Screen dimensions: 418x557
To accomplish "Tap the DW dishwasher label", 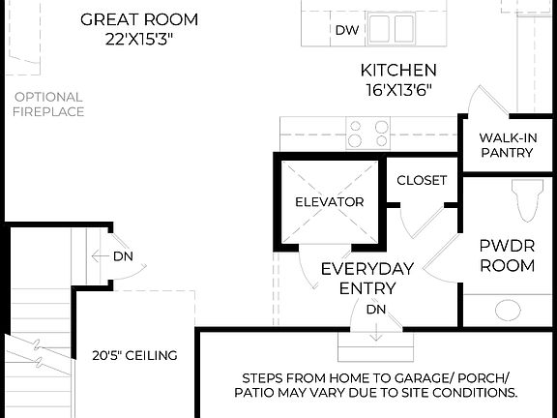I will (346, 30).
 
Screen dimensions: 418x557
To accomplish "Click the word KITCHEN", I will (398, 70).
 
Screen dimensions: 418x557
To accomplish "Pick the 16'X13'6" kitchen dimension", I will (398, 89).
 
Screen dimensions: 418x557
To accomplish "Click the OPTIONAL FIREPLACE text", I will (48, 104).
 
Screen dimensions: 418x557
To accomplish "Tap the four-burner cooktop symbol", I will (367, 133).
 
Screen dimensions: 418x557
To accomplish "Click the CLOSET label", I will (422, 180).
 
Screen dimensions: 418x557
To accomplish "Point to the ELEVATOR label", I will (329, 202).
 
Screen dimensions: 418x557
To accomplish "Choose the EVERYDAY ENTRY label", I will (367, 278).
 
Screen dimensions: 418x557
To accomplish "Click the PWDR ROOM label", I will (507, 254).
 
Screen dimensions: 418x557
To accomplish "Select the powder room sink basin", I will (509, 311).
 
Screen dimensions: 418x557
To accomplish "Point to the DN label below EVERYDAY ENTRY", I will (376, 310).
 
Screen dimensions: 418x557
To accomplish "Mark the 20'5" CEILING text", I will (134, 355).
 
